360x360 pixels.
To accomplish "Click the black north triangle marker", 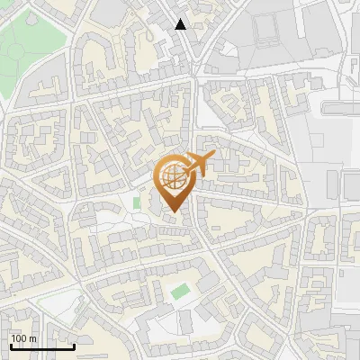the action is (181, 24).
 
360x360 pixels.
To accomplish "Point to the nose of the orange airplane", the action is (213, 157).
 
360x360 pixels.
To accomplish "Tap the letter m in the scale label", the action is (33, 338).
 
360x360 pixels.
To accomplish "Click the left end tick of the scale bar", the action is (10, 346).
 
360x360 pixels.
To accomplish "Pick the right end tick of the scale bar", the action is (74, 346).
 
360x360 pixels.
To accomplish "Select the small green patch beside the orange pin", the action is (137, 203).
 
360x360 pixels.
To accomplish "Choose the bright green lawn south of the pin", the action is (180, 292).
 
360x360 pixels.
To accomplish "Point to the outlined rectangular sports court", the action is (267, 31).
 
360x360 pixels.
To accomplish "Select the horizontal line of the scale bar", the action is (41, 347).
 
